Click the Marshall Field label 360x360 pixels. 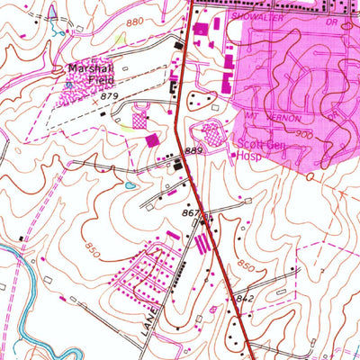(88, 74)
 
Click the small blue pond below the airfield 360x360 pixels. (131, 184)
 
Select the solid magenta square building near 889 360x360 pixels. (151, 141)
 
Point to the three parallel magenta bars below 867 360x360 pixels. (202, 244)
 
